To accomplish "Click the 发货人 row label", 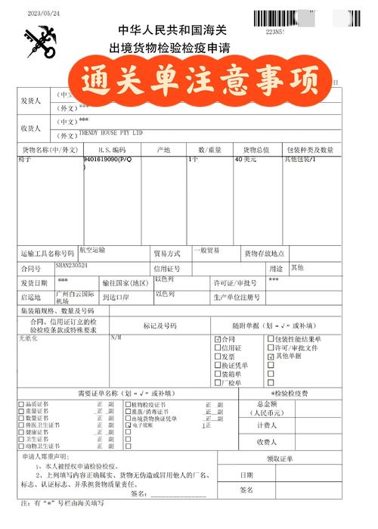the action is [34, 101].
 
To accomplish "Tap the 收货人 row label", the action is [34, 127].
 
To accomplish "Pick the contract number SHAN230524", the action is [72, 266].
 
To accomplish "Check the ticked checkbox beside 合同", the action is [218, 338].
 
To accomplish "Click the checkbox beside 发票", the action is [218, 356].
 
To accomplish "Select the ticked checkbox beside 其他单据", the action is [271, 356].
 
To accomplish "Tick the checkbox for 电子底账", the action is [128, 425].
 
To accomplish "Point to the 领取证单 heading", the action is [280, 458].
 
